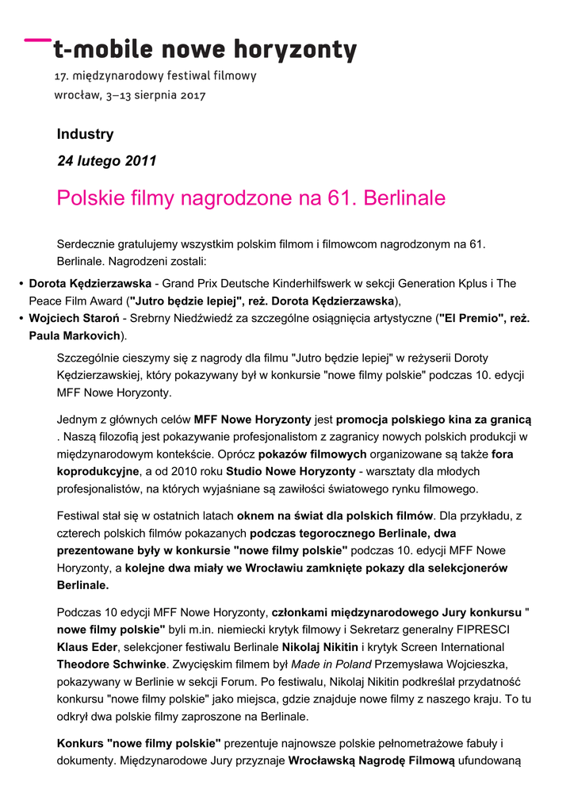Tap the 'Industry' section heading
[85, 134]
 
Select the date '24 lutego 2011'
[107, 161]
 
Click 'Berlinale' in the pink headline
[404, 198]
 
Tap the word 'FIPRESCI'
[476, 630]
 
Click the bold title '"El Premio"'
[469, 319]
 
